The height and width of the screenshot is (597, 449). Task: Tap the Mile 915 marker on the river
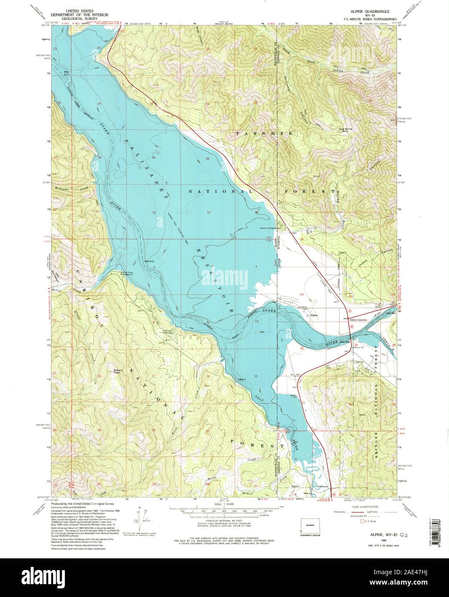tap(149, 262)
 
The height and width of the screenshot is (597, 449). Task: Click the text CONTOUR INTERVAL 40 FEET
tap(224, 519)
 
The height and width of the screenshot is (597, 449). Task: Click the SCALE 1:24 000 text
tap(224, 504)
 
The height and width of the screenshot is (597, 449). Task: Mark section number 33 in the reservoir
tap(208, 213)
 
